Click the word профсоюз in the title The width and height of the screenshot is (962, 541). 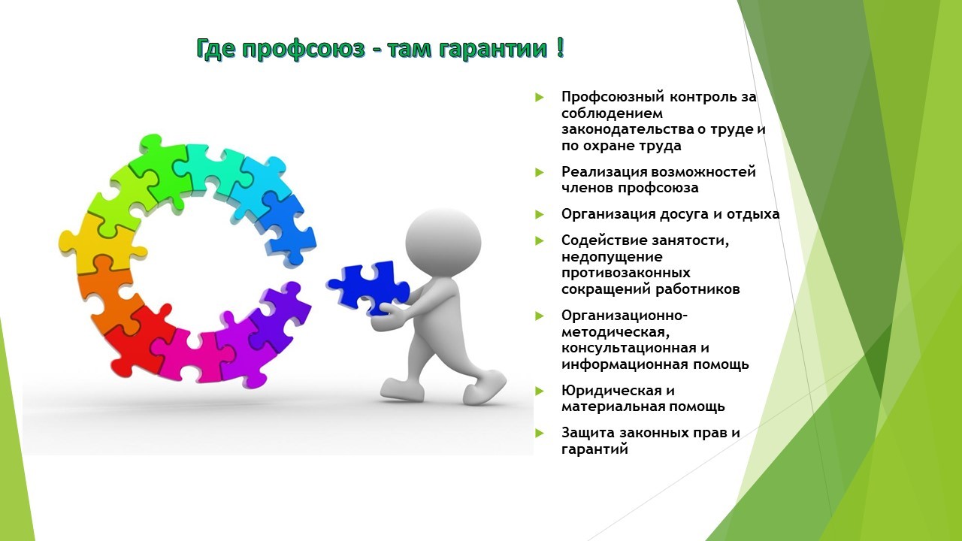303,50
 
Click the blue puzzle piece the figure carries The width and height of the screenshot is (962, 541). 368,288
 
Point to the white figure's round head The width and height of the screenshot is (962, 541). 443,242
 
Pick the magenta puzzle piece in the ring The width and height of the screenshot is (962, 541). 193,354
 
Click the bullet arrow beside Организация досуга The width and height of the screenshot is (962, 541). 540,214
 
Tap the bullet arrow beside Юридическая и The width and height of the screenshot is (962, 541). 540,391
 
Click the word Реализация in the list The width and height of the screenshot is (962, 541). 604,173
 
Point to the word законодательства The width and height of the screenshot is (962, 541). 628,129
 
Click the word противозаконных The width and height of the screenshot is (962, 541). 626,273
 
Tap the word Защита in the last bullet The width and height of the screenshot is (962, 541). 588,433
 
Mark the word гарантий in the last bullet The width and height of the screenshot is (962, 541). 594,449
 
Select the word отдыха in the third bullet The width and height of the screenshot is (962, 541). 753,215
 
